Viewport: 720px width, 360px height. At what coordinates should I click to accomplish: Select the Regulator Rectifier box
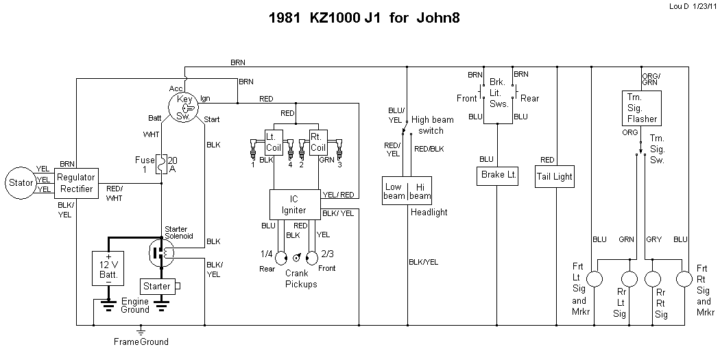click(x=76, y=183)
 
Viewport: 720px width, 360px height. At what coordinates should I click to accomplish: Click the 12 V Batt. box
click(x=108, y=266)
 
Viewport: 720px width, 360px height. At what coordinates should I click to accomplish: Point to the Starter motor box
click(x=156, y=285)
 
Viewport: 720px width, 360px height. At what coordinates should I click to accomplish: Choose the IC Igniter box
click(x=294, y=204)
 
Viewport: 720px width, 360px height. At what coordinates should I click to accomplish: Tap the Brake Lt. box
click(x=496, y=176)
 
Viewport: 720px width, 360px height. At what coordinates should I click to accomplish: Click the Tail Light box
click(x=556, y=176)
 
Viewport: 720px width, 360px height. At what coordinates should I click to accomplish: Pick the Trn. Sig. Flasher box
click(x=642, y=108)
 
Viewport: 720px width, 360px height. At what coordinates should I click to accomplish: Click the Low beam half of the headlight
click(x=394, y=191)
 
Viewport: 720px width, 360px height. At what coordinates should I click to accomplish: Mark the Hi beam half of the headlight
click(x=420, y=191)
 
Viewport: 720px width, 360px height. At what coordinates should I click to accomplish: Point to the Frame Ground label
click(x=141, y=341)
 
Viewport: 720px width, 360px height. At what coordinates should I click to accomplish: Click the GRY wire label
click(x=653, y=239)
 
